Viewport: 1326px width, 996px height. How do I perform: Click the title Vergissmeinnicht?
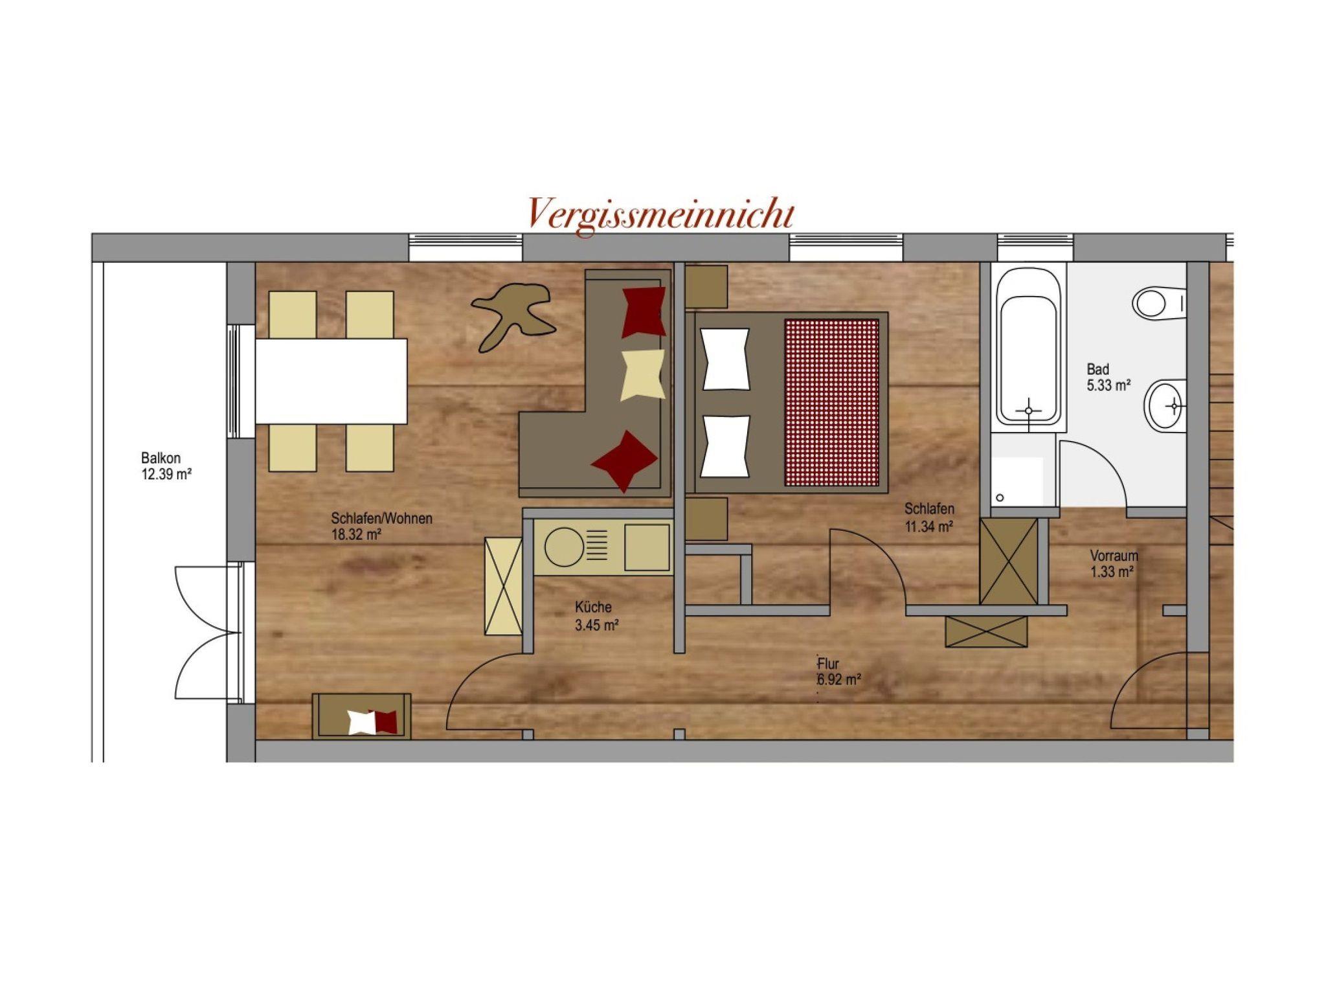coord(660,214)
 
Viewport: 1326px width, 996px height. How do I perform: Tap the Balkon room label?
coord(161,458)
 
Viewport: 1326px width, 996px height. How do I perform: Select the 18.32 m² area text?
coord(355,534)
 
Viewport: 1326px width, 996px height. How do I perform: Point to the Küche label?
coord(593,607)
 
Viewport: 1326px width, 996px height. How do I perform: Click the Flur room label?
coord(829,664)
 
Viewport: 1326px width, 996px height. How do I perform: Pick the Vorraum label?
coord(1114,556)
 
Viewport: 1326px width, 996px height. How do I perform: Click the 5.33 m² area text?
coord(1108,385)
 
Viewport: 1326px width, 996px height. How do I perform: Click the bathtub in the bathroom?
coord(1028,348)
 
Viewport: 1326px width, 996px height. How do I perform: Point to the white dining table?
coord(331,381)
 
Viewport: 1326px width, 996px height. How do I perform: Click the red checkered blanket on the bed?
coord(832,402)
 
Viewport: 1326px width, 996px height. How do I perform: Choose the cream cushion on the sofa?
coord(643,376)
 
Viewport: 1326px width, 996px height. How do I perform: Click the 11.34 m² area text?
coord(928,526)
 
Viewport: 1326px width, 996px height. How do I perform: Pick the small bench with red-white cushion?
coord(362,716)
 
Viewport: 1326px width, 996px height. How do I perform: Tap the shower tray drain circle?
coord(1000,498)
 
